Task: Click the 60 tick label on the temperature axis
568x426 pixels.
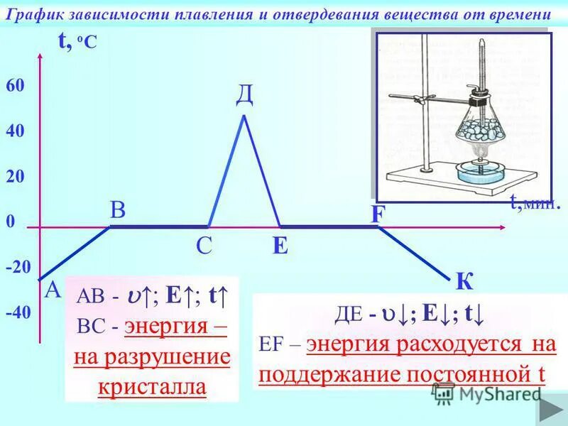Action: (x=16, y=85)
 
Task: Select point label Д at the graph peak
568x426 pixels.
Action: (x=244, y=94)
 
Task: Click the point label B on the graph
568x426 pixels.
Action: (x=117, y=209)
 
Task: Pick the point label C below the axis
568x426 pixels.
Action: (x=204, y=246)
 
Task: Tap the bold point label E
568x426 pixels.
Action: (x=280, y=246)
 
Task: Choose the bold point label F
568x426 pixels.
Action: (x=377, y=214)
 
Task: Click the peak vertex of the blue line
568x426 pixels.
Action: (x=244, y=115)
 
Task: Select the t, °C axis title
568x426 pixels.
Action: (x=77, y=43)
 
